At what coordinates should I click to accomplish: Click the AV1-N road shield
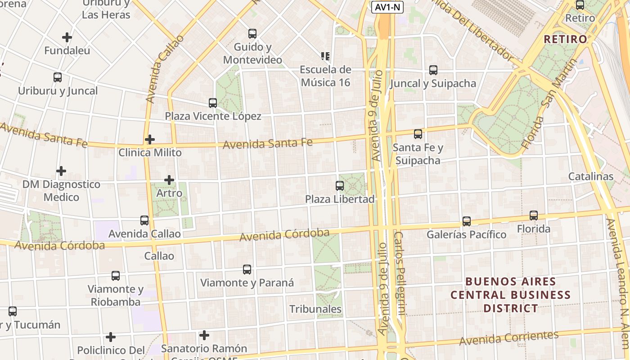click(387, 7)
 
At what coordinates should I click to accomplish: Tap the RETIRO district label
click(566, 39)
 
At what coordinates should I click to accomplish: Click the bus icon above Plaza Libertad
click(340, 185)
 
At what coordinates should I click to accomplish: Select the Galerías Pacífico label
click(466, 234)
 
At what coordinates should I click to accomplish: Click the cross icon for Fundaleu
click(67, 37)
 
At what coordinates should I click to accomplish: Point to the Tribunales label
click(315, 309)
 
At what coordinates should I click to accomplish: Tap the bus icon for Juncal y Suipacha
click(433, 70)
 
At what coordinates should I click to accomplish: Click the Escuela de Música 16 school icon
click(325, 56)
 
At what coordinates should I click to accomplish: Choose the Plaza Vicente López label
click(213, 116)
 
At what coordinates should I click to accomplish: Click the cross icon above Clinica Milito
click(150, 139)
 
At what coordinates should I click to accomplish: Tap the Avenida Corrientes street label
click(508, 338)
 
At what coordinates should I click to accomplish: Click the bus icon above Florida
click(534, 216)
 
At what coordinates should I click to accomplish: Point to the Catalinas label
click(591, 176)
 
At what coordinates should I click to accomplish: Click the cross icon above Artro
click(169, 180)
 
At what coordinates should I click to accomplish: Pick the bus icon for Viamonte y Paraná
click(247, 270)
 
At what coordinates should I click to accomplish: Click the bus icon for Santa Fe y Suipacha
click(418, 134)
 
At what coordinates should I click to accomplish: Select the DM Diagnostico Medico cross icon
click(61, 171)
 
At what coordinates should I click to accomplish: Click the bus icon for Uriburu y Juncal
click(58, 77)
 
